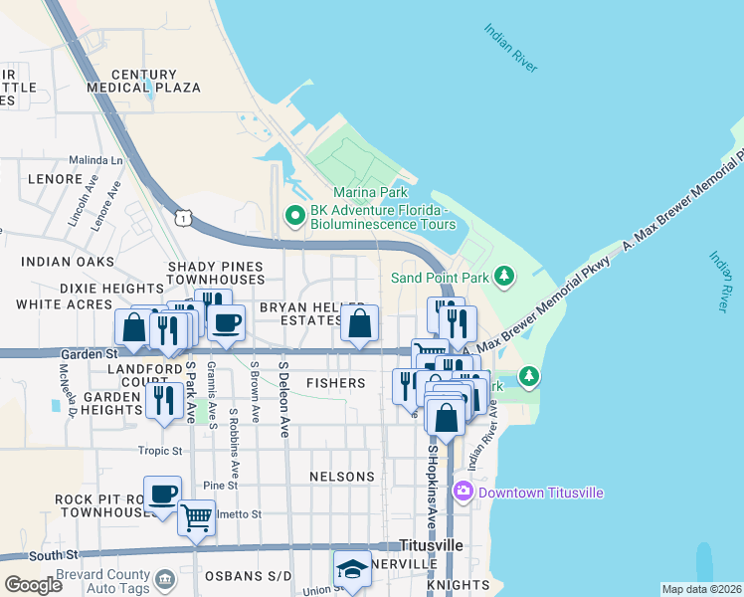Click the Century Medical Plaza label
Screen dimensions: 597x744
(144, 81)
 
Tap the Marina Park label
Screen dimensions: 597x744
(371, 192)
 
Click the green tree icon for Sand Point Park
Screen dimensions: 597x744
(504, 276)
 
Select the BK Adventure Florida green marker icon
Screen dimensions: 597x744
(294, 214)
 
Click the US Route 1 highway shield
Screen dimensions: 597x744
(181, 216)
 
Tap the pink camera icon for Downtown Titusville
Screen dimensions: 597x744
(463, 493)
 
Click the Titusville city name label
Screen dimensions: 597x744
(431, 546)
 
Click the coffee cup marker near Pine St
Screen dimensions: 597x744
(162, 493)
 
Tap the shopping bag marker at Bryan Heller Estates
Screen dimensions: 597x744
(360, 322)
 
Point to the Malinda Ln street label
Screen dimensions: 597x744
(95, 160)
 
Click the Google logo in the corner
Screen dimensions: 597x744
(33, 585)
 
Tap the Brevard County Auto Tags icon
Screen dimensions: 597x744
(165, 577)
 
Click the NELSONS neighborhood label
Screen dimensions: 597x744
(341, 478)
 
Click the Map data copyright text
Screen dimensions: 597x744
(701, 589)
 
